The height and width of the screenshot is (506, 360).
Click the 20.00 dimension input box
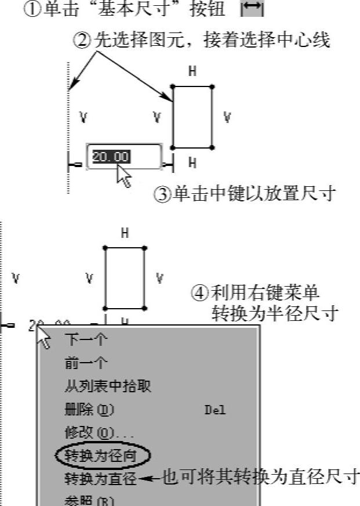coord(124,157)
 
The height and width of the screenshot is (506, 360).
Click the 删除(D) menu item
coord(89,410)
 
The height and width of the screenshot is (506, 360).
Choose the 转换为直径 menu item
coord(100,479)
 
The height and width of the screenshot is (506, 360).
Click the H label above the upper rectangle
coord(192,72)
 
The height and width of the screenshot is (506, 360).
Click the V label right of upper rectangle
coord(227,118)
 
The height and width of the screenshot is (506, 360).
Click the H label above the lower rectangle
coord(125,233)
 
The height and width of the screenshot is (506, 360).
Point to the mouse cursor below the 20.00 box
coord(124,176)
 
